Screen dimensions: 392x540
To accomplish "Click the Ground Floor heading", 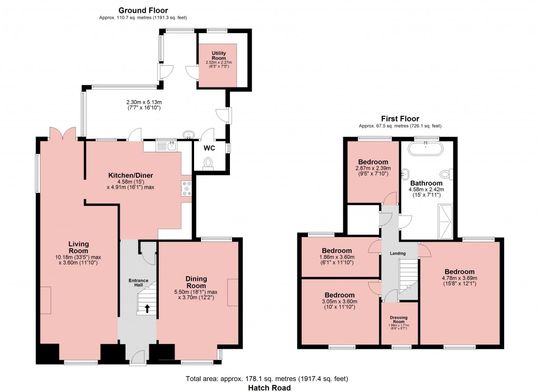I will click(x=143, y=10).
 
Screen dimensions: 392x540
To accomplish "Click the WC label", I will click(x=209, y=148).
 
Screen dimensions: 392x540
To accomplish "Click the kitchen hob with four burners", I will click(x=186, y=189).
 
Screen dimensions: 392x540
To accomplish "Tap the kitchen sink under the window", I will click(x=172, y=145).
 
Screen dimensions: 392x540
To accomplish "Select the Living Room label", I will click(x=78, y=248).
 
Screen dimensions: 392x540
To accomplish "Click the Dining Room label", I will click(x=196, y=282).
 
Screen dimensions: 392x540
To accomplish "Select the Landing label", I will click(x=398, y=253).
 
